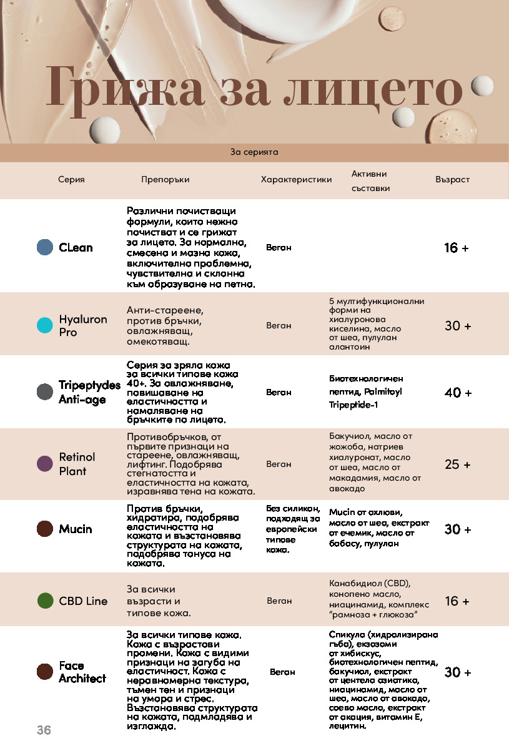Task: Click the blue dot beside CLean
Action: pos(45,247)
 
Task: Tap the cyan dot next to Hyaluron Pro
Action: pos(45,325)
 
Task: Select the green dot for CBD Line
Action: pos(45,601)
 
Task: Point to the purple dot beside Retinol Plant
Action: pos(45,464)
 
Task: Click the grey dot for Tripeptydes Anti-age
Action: pos(45,392)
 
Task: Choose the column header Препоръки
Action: pos(165,180)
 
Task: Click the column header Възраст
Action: pos(452,180)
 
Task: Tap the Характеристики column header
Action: pos(296,180)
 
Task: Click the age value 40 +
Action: pos(458,393)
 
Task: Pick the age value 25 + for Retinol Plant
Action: pos(457,464)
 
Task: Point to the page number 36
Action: pos(44,730)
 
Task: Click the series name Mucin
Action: pos(76,529)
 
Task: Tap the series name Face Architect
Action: pos(82,672)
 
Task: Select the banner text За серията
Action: pos(254,152)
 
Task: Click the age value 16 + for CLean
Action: pos(457,248)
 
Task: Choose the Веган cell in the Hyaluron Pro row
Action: pos(279,325)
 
